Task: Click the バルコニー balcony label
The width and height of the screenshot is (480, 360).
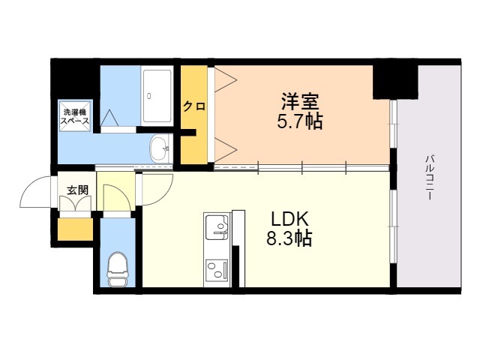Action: (x=430, y=176)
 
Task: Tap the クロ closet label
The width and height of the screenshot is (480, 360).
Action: (x=194, y=106)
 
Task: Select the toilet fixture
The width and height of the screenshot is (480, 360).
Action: (x=117, y=267)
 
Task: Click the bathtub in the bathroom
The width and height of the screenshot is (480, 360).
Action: (x=158, y=96)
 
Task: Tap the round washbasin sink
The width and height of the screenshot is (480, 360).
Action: (x=160, y=148)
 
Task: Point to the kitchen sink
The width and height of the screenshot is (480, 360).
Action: (x=217, y=226)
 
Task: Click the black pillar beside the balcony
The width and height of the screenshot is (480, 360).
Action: (x=394, y=80)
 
